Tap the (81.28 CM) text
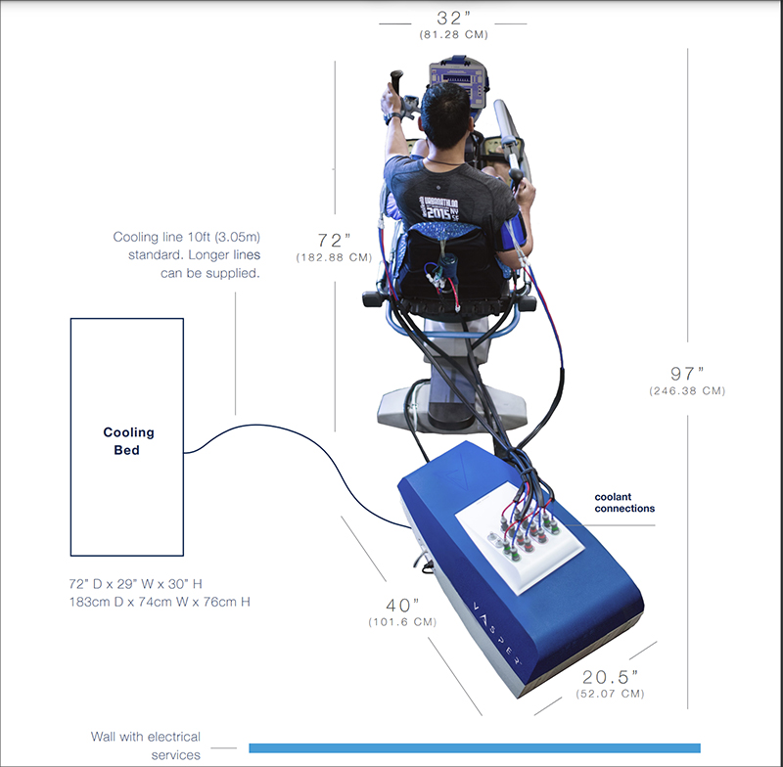tap(453, 34)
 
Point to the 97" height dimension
tap(687, 373)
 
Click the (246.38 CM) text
tap(687, 390)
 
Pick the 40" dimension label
tap(402, 604)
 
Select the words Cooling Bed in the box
tap(128, 441)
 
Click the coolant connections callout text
tap(624, 503)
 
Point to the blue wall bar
tap(475, 747)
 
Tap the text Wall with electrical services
tap(146, 745)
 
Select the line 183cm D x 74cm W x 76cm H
tap(155, 602)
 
